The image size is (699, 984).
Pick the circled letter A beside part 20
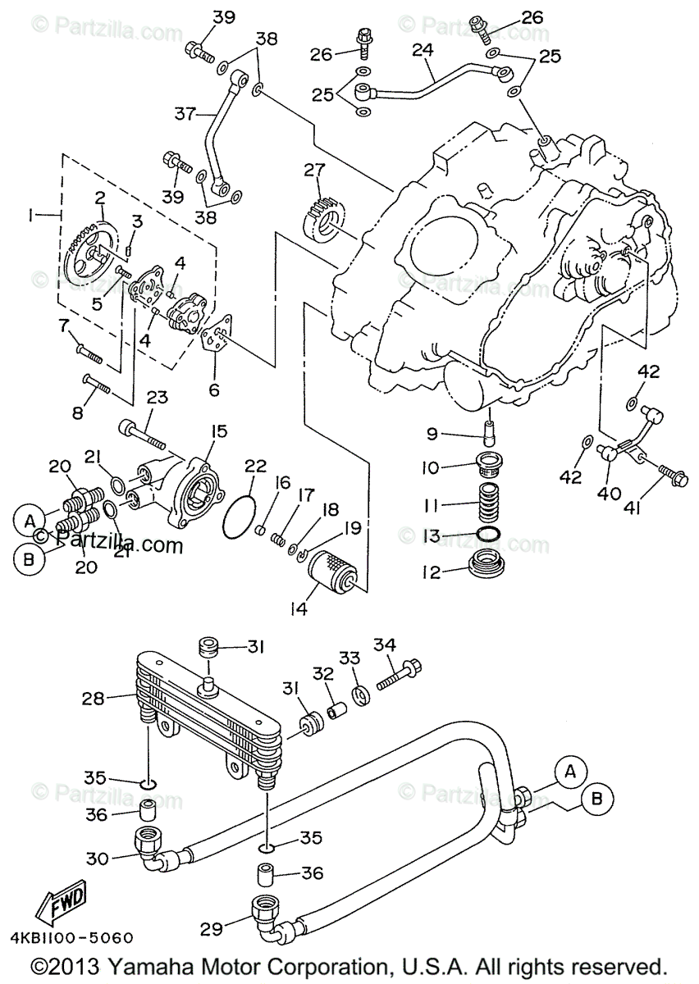tap(30, 520)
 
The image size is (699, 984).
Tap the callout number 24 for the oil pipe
tap(423, 51)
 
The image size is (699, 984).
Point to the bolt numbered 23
tap(145, 434)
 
